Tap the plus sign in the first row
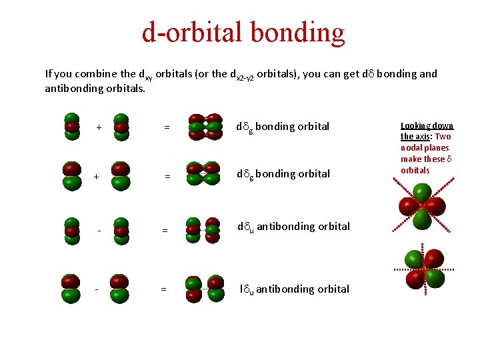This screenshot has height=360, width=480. pos(99,127)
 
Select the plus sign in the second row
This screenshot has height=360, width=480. pos(97,177)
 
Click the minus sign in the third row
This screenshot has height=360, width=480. pos(99,231)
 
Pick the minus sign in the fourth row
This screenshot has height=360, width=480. pos(97,289)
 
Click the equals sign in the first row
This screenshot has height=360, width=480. pos(167,127)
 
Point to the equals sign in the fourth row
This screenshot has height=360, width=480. pos(163,289)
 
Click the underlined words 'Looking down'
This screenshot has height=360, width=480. pos(427,125)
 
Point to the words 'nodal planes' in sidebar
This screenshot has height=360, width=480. pos(425,148)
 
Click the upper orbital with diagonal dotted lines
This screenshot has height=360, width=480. pos(422,206)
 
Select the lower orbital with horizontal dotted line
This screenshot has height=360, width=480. pos(425,268)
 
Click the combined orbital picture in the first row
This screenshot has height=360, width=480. pos(205,127)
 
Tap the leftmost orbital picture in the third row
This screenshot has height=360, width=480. pos(71,231)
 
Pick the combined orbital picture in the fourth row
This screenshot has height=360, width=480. pos(205,289)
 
